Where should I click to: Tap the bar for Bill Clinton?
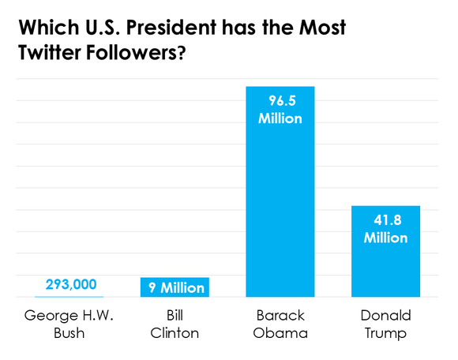pyautogui.click(x=175, y=287)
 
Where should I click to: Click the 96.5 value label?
pyautogui.click(x=281, y=101)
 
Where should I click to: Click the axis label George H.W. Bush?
pyautogui.click(x=69, y=324)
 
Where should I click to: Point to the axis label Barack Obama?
pyautogui.click(x=280, y=324)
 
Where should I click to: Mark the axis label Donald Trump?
pyautogui.click(x=385, y=324)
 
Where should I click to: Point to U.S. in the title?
pyautogui.click(x=108, y=29)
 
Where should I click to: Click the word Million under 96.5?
pyautogui.click(x=281, y=118)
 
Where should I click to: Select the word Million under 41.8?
pyautogui.click(x=385, y=237)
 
